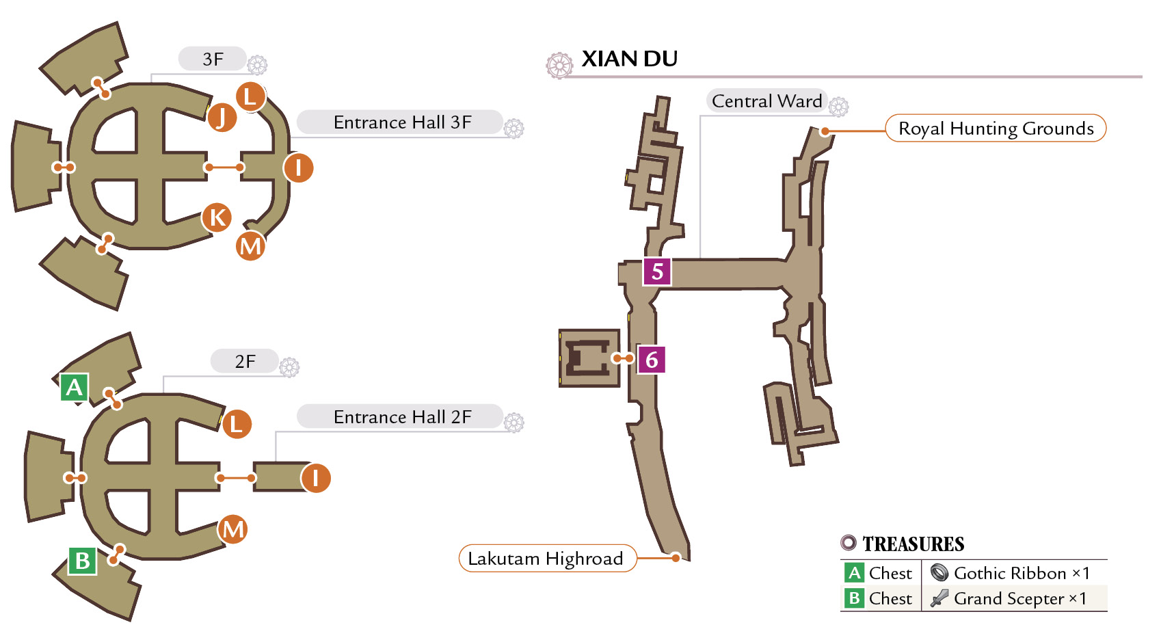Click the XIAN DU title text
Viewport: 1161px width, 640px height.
[x=629, y=59]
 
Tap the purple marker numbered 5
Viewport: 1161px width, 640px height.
[x=657, y=271]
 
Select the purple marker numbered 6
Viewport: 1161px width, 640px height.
[x=652, y=359]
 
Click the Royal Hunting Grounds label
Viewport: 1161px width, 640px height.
[x=996, y=128]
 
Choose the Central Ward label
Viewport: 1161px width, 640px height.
[x=766, y=101]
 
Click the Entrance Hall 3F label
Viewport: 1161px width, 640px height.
[x=402, y=122]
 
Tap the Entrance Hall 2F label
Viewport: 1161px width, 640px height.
[x=402, y=416]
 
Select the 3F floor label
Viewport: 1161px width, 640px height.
[x=213, y=59]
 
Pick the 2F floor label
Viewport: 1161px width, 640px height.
[x=245, y=361]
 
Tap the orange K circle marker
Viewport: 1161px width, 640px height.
[x=217, y=217]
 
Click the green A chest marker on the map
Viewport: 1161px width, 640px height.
[x=74, y=387]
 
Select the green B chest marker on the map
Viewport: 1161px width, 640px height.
[x=83, y=561]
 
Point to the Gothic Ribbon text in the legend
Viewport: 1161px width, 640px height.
[x=1010, y=573]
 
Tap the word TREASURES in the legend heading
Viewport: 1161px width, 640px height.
[x=913, y=544]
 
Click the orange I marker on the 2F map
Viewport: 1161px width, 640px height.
[x=316, y=478]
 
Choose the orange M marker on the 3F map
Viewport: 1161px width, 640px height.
[x=250, y=245]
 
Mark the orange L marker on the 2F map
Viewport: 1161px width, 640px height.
[x=237, y=424]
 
